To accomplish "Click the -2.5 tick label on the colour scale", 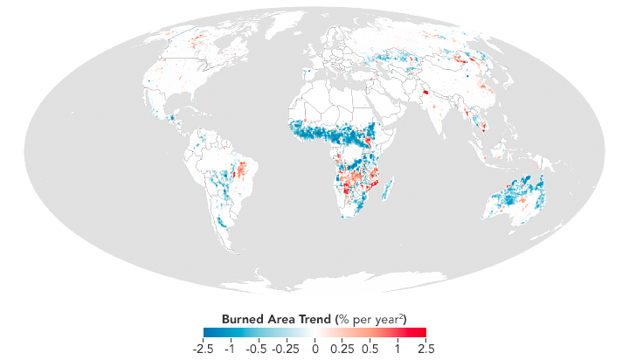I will pos(206,348).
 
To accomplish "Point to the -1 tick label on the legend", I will pos(230,348).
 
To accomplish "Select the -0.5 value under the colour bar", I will pos(258,348).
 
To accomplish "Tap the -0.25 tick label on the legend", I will pos(286,348).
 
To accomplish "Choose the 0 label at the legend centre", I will pos(314,348).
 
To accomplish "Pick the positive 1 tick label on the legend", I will pos(398,348).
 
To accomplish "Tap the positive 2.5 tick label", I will pos(422,348).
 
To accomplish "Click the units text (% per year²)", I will pos(375,316).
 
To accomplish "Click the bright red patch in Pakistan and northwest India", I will pos(426,92).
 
